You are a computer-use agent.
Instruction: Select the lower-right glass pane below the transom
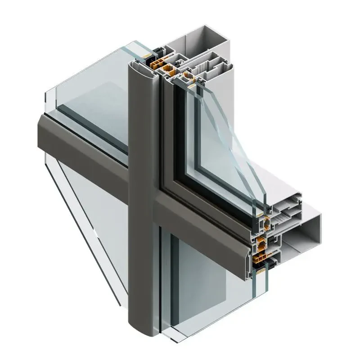[x=207, y=279]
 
